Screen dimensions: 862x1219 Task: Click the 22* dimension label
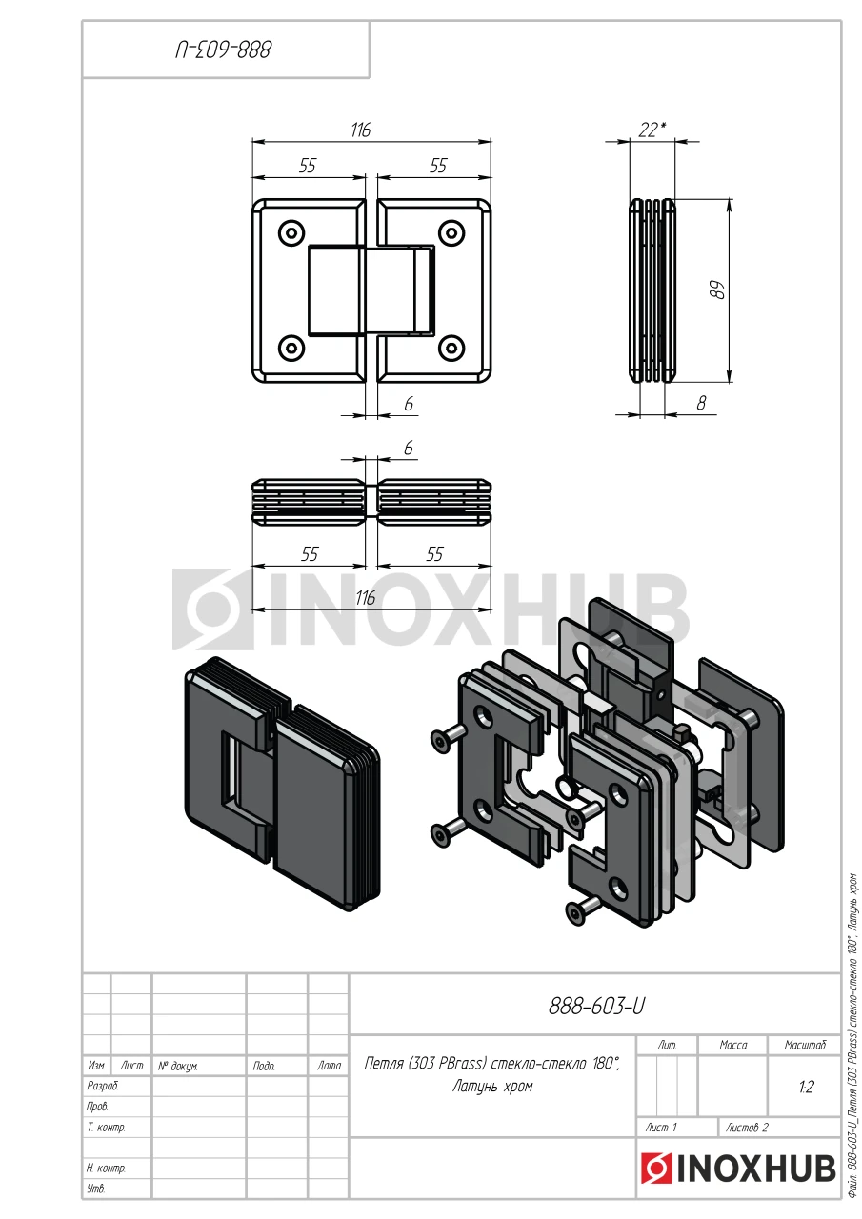pos(652,130)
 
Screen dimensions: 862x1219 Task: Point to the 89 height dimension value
pos(719,291)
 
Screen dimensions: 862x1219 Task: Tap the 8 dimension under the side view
pos(701,403)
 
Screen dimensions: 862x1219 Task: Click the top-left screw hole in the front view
pos(291,233)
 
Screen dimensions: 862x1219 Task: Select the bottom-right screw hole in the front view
pos(451,348)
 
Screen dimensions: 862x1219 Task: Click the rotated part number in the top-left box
pos(224,50)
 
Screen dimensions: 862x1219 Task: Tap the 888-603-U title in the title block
pos(596,1007)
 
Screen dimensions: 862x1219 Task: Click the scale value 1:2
pos(806,1087)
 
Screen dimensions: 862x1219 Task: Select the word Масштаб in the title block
pos(805,1045)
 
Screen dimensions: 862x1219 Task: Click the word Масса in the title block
pos(733,1045)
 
